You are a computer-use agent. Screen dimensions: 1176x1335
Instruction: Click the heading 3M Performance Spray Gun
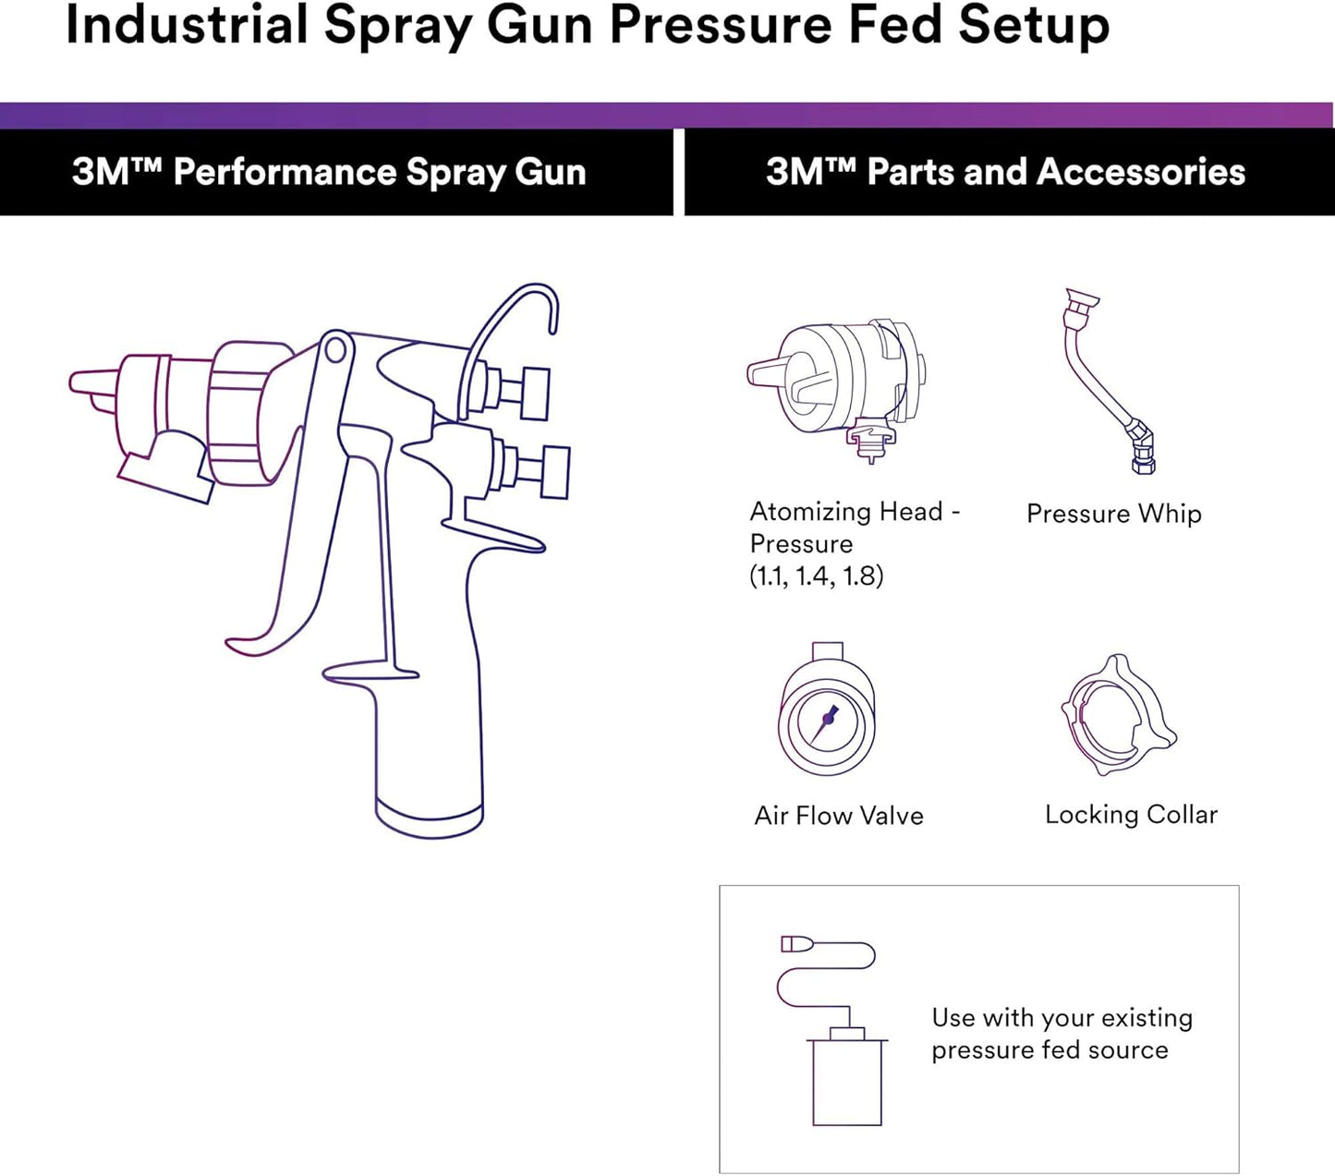coord(329,173)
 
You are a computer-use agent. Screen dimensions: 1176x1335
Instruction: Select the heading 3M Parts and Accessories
coord(1005,173)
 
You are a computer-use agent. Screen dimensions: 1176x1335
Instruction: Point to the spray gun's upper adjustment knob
coord(534,394)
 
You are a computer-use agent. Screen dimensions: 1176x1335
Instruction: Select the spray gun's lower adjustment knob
coord(554,471)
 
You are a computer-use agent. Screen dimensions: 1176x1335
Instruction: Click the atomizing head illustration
coord(836,383)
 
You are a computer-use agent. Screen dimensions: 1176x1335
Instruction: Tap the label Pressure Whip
coord(1113,514)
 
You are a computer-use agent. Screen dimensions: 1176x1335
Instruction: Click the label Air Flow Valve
coord(838,816)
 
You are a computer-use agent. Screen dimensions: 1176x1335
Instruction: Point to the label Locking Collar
coord(1131,815)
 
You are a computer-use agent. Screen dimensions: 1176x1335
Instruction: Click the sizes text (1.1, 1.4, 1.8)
coord(816,576)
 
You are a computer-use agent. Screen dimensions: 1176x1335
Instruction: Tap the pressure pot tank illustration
coord(847,1081)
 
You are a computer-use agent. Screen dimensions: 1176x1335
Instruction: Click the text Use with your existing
coord(1062,1018)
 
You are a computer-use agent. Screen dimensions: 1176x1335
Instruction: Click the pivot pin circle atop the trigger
coord(336,349)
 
